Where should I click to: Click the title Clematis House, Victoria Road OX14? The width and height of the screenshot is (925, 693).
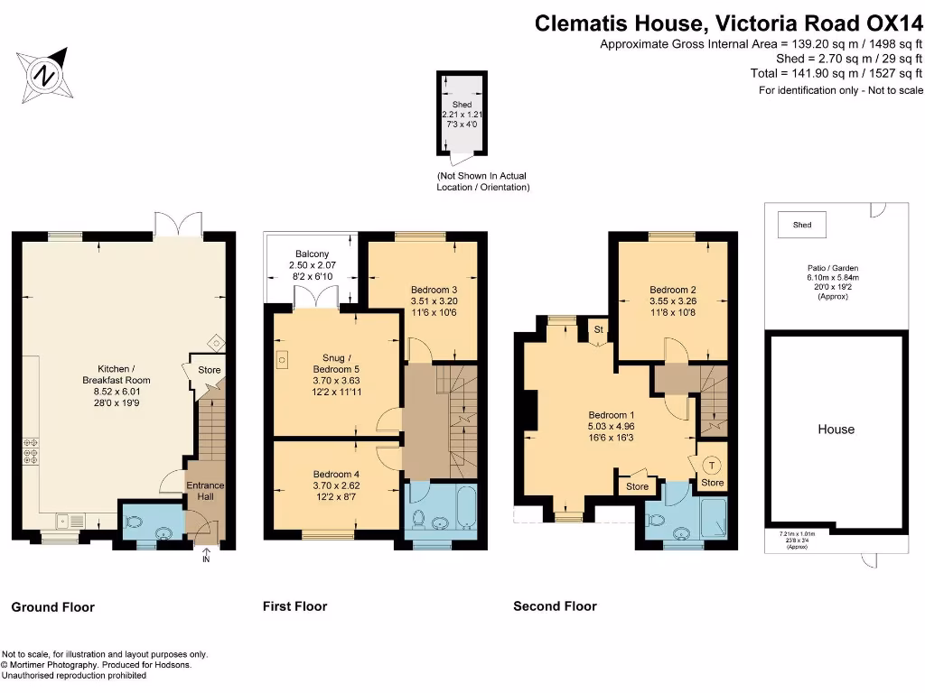click(728, 23)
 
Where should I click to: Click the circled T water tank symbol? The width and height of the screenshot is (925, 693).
click(712, 466)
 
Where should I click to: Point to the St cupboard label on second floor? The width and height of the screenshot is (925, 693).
click(598, 330)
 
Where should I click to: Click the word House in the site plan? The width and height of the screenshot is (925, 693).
click(836, 430)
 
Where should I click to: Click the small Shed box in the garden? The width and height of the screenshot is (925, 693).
click(801, 225)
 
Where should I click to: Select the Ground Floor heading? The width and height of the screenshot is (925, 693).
click(52, 607)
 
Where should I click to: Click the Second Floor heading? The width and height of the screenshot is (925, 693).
click(555, 606)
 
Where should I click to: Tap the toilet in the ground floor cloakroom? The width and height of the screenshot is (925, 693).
click(135, 522)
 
